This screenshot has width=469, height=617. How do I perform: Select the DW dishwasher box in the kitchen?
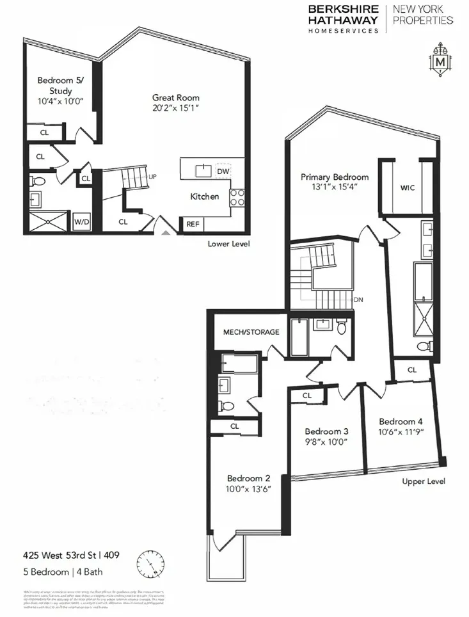click(x=223, y=172)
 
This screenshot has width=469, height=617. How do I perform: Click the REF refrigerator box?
click(x=192, y=224)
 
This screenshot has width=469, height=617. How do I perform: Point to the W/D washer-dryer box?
click(x=81, y=222)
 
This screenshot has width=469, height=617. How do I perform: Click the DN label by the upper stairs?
click(x=358, y=300)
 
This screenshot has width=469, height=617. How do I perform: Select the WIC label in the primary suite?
click(x=408, y=188)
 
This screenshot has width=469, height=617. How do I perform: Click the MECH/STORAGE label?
click(x=251, y=332)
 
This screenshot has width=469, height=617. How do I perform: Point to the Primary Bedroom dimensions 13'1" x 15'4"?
click(x=335, y=188)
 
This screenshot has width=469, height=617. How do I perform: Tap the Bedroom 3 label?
click(x=326, y=431)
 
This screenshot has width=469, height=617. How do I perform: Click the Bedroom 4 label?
click(x=401, y=421)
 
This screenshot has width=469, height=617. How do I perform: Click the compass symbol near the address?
click(x=148, y=564)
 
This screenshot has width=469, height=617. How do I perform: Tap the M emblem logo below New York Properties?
click(x=440, y=62)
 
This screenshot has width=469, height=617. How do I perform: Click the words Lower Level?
click(x=228, y=244)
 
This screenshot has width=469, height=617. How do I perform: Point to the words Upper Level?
click(x=424, y=481)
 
